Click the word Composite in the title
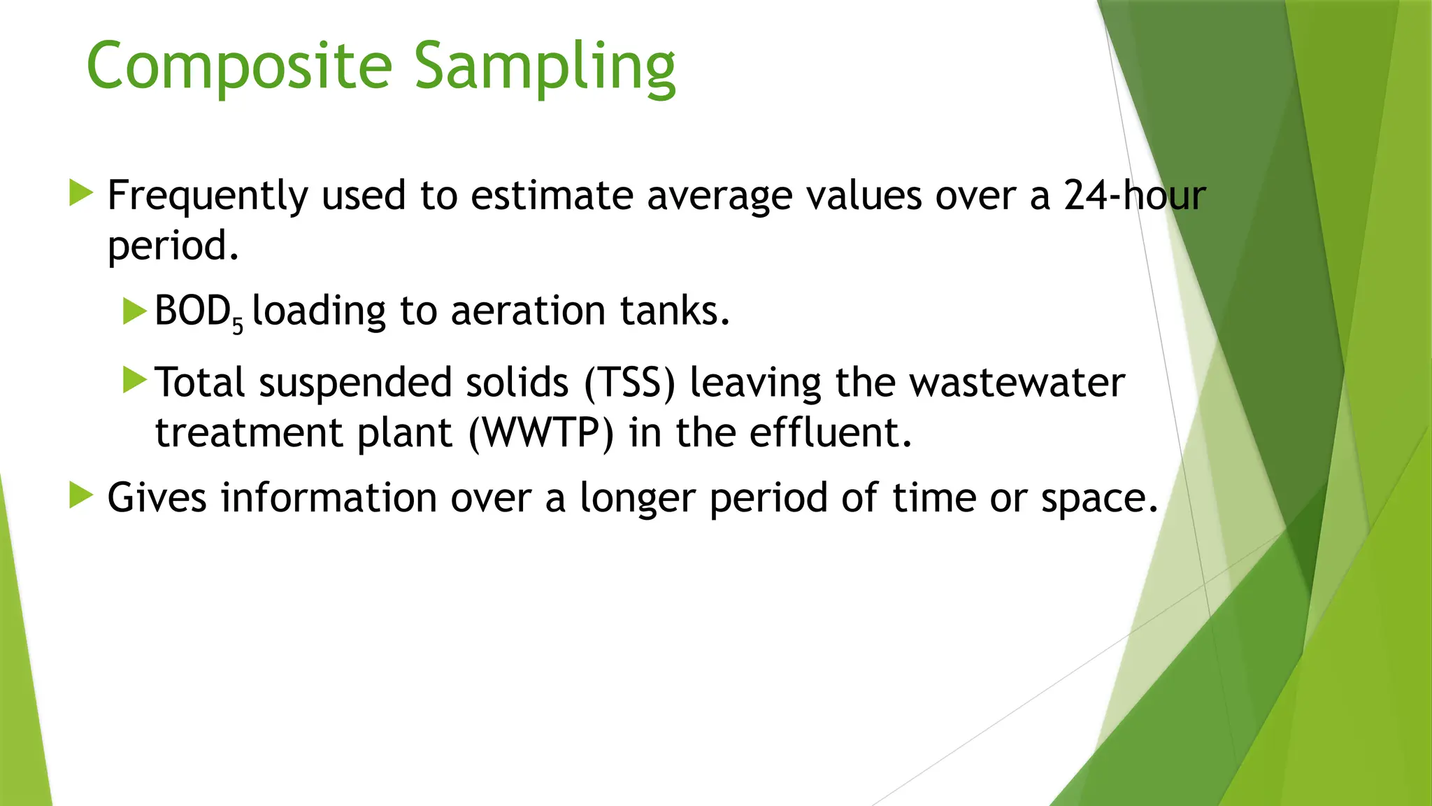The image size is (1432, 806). pos(239,66)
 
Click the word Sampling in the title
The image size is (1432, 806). pos(545,66)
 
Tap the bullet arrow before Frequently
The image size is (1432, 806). pos(81,192)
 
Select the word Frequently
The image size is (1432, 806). pos(208,196)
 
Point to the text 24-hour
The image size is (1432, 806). pos(1135,195)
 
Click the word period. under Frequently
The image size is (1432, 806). pos(173,246)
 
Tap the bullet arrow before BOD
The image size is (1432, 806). pos(134,311)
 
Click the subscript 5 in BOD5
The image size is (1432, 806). pos(238,326)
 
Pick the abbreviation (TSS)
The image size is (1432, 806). pos(630,383)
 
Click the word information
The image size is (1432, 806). pos(329,498)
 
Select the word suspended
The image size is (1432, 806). pos(355,384)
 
